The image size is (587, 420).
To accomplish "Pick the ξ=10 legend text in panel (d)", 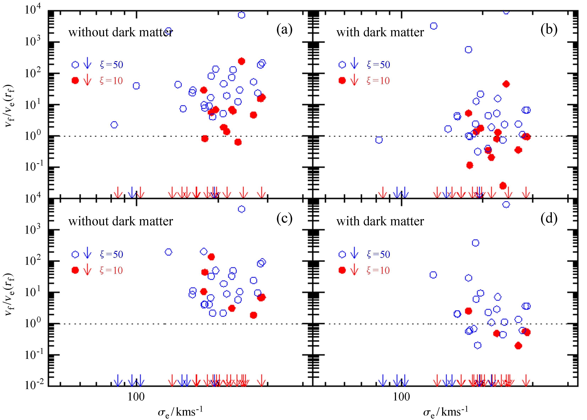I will tap(378, 270).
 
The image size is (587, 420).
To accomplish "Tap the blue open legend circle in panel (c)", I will tap(75, 254).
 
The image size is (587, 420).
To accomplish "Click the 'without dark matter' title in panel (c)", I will tap(121, 221).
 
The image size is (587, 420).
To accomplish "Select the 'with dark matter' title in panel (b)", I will tap(380, 32).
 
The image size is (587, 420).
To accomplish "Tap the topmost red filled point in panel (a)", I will tap(241, 61).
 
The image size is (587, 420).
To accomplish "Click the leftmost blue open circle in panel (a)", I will tap(114, 125).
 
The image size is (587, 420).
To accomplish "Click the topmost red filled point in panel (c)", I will tap(211, 257).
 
